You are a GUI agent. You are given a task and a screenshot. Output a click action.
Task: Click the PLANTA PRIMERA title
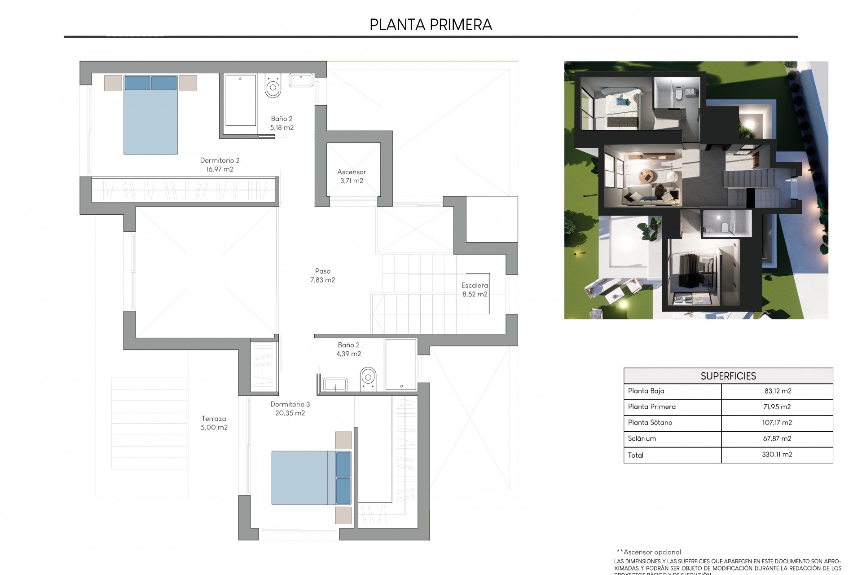tap(431, 25)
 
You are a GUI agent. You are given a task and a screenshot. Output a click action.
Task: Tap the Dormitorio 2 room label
tap(220, 165)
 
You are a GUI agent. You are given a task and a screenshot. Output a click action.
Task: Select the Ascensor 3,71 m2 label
tap(352, 176)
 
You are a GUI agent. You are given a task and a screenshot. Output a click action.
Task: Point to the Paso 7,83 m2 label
tap(322, 275)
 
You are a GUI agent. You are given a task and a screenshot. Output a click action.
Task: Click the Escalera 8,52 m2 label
tap(475, 290)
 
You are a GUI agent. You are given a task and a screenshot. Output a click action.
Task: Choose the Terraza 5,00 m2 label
tap(214, 423)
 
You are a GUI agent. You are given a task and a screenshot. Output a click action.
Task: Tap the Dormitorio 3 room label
tap(290, 408)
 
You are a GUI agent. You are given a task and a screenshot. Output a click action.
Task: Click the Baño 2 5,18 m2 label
tap(281, 123)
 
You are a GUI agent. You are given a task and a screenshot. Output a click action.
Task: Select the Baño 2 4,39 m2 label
tap(348, 349)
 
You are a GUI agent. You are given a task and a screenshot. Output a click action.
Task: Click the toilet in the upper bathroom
tap(273, 86)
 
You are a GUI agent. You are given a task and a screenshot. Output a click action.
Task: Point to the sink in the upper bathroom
tap(301, 80)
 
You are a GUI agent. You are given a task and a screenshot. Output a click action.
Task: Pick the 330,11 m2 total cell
tap(777, 455)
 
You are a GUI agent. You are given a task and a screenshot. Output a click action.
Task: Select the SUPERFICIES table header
tap(728, 376)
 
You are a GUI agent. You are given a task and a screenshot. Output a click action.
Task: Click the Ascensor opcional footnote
tap(649, 552)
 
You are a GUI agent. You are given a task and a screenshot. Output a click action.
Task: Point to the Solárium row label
tap(642, 438)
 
